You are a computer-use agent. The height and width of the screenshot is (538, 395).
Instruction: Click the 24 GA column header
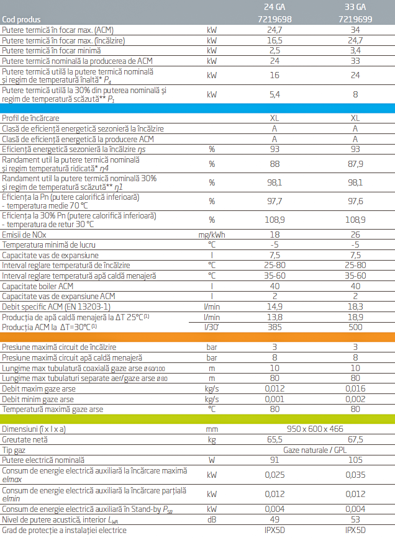[x=275, y=8]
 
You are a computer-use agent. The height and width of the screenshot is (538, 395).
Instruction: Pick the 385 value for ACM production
[x=275, y=326]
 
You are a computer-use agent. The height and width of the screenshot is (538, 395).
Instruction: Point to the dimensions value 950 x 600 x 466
[x=315, y=429]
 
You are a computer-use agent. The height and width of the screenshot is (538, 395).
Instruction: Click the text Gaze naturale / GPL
[x=315, y=450]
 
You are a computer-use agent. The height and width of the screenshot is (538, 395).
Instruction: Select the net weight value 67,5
[x=355, y=439]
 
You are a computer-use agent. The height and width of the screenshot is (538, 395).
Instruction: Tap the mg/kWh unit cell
[x=212, y=234]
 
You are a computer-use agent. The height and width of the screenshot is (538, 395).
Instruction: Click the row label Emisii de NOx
[x=25, y=234]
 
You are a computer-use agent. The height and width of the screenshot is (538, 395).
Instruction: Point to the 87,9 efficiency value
[x=355, y=164]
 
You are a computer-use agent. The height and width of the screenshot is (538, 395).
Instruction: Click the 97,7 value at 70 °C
[x=275, y=201]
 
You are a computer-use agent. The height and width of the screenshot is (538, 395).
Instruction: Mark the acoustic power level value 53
[x=355, y=519]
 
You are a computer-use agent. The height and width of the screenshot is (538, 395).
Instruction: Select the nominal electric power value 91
[x=275, y=460]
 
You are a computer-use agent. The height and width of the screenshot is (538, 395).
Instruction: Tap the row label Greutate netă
[x=25, y=439]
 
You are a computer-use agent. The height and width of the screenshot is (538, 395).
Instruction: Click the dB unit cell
[x=212, y=519]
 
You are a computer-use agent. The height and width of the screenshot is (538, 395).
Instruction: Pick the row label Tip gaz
[x=16, y=450]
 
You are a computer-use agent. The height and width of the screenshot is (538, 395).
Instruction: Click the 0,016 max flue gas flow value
[x=355, y=388]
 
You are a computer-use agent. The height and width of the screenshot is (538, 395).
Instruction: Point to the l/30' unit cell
[x=212, y=326]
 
